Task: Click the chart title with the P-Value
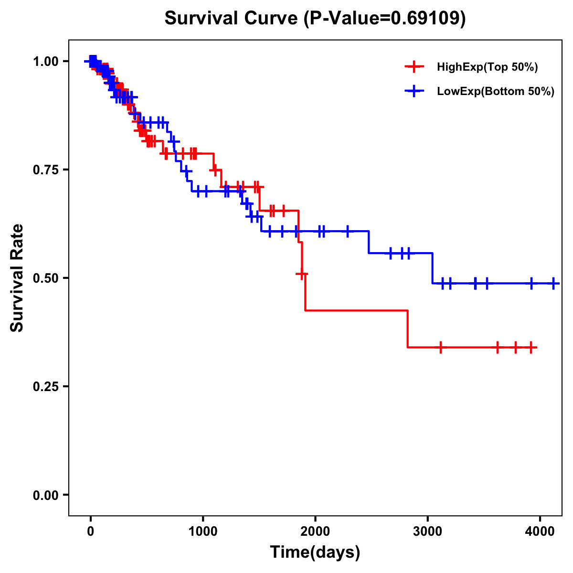315,19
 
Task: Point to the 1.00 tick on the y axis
46,61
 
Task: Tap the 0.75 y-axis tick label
46,170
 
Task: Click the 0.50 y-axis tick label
46,278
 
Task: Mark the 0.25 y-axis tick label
46,386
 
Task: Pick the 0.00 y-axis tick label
46,495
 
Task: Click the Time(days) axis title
315,552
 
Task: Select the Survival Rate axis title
18,278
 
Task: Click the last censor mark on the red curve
531,347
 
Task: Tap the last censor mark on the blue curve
553,283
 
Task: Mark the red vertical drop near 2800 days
408,329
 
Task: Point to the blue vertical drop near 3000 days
433,268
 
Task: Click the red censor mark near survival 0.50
302,274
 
